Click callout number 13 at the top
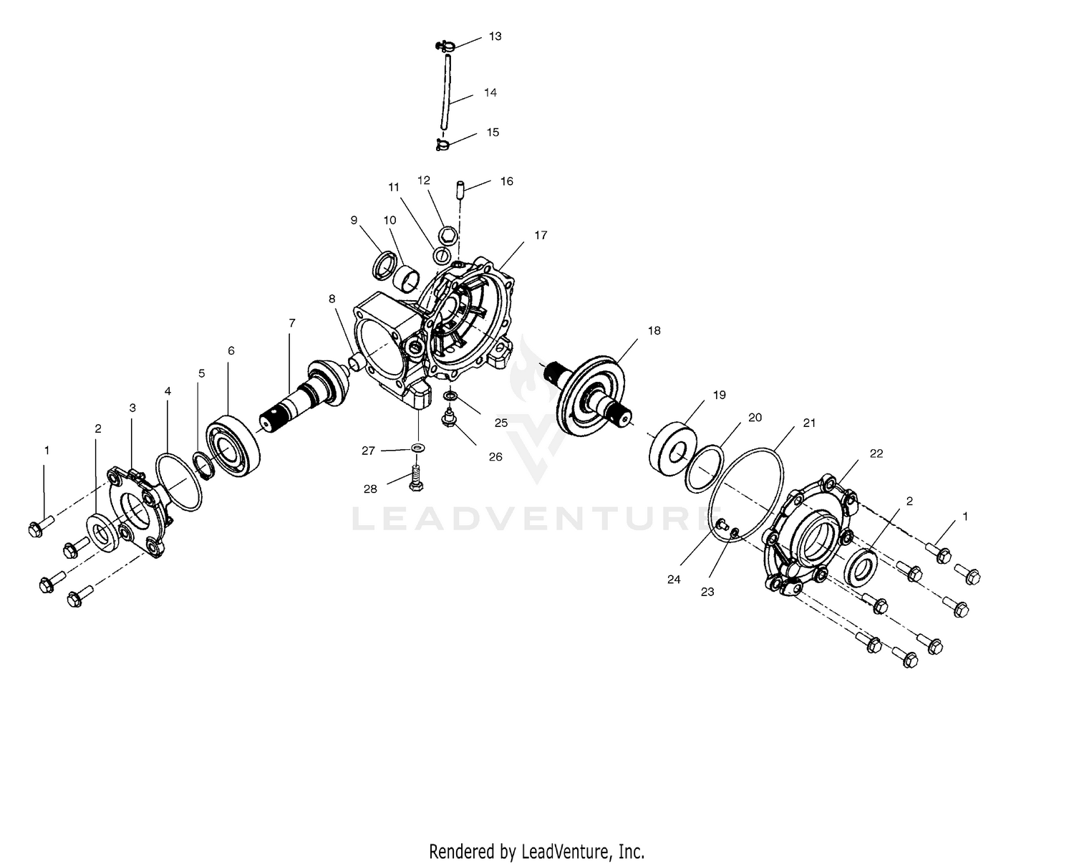(x=495, y=36)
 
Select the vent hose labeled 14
(x=447, y=93)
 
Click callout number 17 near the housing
(x=541, y=235)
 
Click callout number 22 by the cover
(x=876, y=453)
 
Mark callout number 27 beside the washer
(x=368, y=451)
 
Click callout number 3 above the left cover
(x=132, y=408)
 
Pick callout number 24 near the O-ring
(x=674, y=580)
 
